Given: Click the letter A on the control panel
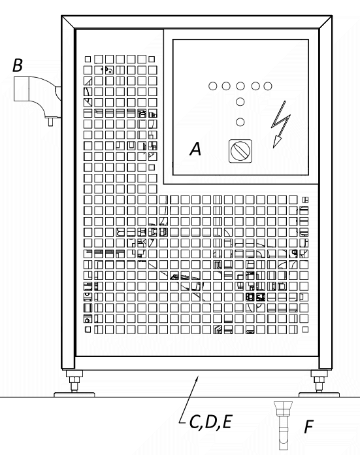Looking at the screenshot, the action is (195, 148).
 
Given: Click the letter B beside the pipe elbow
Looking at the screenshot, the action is (18, 65).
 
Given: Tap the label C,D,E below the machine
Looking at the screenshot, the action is (210, 422).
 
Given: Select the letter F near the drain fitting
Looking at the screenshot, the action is (309, 427).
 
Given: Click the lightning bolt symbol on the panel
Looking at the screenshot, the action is (280, 124).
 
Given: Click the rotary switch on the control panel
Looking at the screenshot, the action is (240, 151).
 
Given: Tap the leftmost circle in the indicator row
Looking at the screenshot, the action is (212, 86).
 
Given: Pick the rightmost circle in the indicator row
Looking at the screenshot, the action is (268, 86).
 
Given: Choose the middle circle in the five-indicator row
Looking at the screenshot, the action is (240, 86).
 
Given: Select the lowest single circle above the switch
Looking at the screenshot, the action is (240, 122).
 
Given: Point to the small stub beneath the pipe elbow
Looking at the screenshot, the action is (50, 122).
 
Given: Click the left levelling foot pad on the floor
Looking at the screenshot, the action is (74, 394).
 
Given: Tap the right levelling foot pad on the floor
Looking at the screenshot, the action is (319, 394).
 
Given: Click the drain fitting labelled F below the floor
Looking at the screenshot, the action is (283, 425).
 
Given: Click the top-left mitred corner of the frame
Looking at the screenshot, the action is (69, 22).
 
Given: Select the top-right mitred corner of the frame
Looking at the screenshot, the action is (325, 22).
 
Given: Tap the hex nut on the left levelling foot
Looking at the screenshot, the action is (74, 380).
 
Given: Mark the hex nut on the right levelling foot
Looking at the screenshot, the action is (319, 380).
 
